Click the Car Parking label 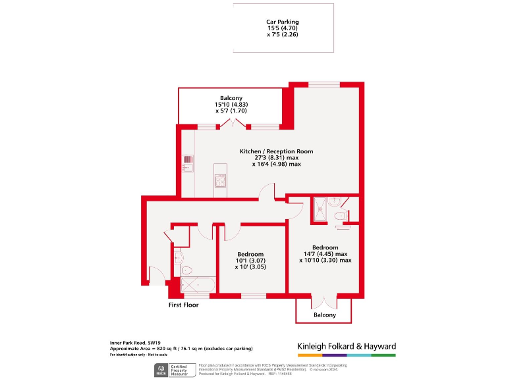(283, 22)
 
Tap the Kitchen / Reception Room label (276, 151)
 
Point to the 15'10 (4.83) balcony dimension (231, 105)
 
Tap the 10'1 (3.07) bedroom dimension (250, 261)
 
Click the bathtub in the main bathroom (198, 284)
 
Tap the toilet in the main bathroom (185, 268)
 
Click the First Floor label (183, 305)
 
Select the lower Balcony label (324, 315)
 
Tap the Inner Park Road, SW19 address (135, 343)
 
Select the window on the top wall (324, 84)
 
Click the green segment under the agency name (383, 355)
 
